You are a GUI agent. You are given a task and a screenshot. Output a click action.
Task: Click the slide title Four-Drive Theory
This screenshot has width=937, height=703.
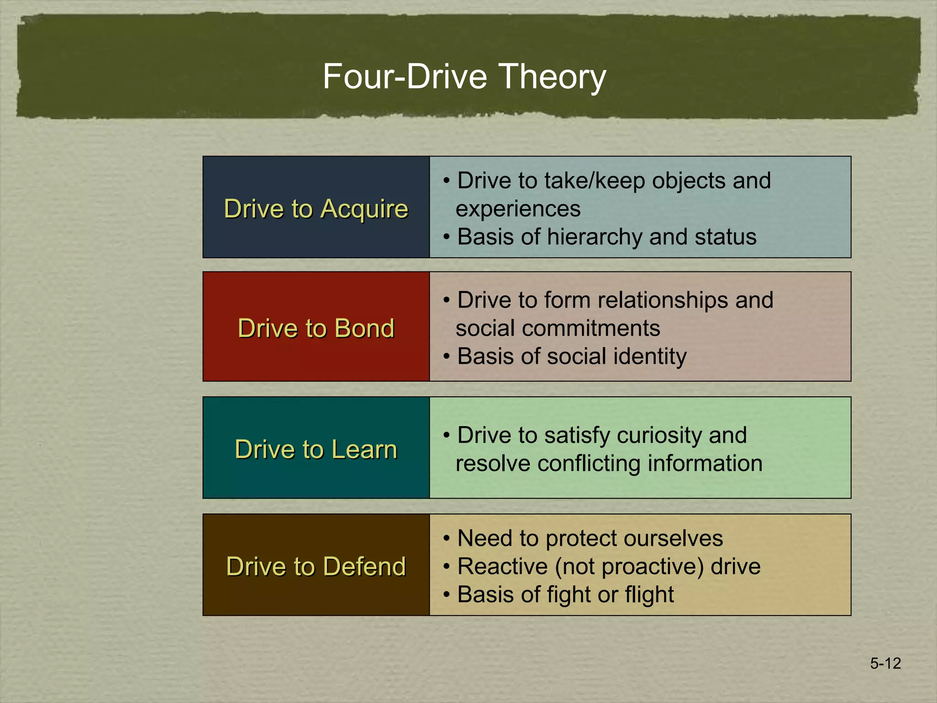click(464, 76)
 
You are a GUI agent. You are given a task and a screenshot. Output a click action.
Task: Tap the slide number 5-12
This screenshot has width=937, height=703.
click(885, 663)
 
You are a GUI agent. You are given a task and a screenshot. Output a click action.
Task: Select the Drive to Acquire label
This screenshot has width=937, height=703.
click(316, 209)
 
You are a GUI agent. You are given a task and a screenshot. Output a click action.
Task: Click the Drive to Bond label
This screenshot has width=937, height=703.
click(316, 328)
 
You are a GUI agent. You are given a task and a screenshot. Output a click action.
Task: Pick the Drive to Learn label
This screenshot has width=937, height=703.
click(316, 449)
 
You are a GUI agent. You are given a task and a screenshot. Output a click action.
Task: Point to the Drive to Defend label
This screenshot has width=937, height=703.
click(316, 566)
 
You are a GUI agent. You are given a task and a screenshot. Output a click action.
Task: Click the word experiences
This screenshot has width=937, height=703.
click(518, 209)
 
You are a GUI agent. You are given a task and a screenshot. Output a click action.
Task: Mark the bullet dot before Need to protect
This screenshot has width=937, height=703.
click(447, 539)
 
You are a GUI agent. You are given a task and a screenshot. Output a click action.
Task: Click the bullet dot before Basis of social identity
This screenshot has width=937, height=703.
click(447, 357)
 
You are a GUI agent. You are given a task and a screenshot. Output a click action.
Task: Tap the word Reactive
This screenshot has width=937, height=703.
click(502, 567)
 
